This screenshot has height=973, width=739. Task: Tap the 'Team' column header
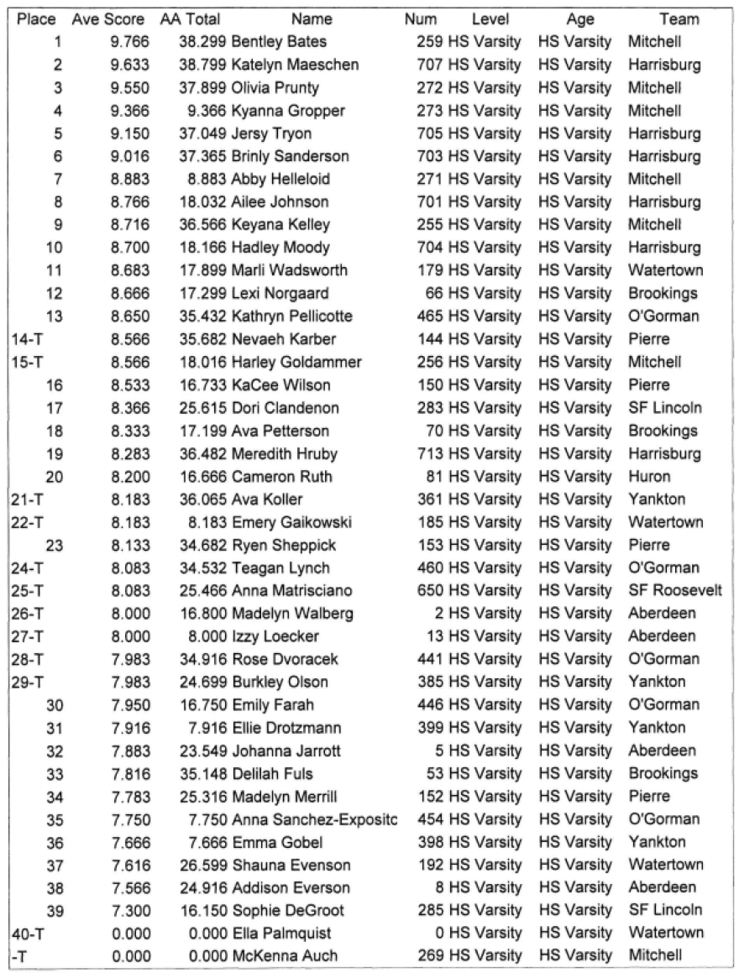[x=679, y=18]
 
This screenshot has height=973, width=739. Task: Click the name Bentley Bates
[x=279, y=41]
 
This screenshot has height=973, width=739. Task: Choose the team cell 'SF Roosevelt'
[x=674, y=590]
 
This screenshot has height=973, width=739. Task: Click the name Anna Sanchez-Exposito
[x=313, y=819]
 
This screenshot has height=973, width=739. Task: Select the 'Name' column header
[x=312, y=18]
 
